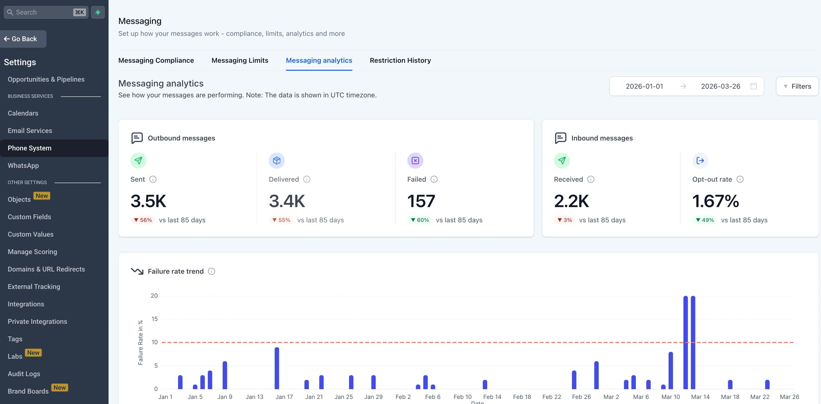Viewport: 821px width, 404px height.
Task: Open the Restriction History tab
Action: tap(400, 60)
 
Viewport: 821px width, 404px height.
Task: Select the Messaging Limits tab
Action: tap(240, 60)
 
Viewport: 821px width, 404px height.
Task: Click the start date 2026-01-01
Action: tap(644, 86)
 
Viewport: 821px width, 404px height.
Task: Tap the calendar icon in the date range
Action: tap(753, 86)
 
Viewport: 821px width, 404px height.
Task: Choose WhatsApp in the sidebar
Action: tap(23, 165)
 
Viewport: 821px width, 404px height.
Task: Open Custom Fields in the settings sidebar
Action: tap(29, 217)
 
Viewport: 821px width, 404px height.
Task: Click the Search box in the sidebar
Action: tap(41, 12)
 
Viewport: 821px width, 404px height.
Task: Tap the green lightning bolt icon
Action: tap(98, 12)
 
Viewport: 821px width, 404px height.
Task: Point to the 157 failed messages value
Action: tap(421, 201)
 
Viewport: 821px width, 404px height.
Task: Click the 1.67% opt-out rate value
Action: tap(716, 201)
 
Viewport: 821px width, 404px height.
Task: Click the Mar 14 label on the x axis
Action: tap(700, 397)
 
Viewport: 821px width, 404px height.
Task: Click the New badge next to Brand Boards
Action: tap(60, 388)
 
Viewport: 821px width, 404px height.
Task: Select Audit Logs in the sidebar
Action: tap(24, 373)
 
